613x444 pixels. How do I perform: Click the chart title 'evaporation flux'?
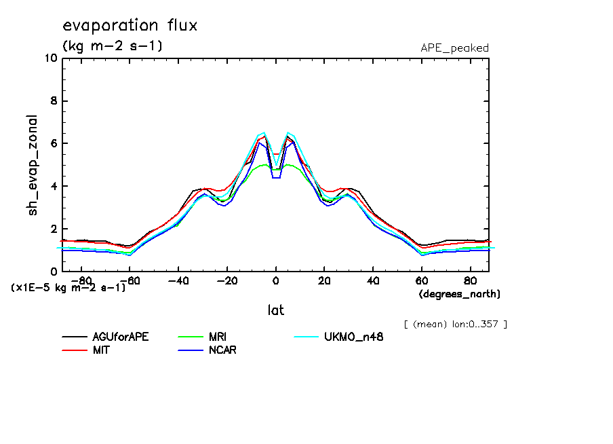click(x=130, y=26)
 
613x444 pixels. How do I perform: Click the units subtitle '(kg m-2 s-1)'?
click(x=112, y=46)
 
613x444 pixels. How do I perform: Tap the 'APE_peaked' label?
click(x=454, y=48)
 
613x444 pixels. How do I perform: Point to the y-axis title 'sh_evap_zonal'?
click(x=33, y=165)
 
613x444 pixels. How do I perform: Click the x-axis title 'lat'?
click(x=275, y=310)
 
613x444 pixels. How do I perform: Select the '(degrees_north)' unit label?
click(x=460, y=294)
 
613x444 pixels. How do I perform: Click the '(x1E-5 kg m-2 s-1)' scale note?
click(x=68, y=287)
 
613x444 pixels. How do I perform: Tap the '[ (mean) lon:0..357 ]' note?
click(x=455, y=324)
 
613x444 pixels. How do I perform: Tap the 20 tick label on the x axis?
click(x=324, y=280)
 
